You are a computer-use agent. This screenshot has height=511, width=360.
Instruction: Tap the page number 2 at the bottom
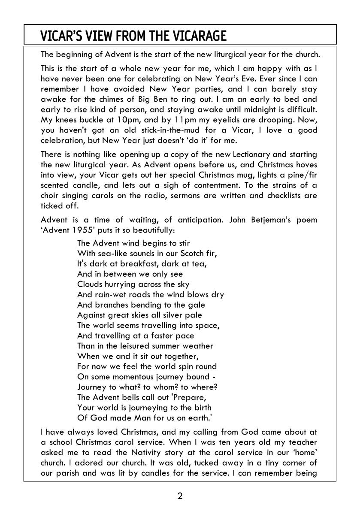click(180, 496)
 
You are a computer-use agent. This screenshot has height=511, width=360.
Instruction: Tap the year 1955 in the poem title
click(77, 230)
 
